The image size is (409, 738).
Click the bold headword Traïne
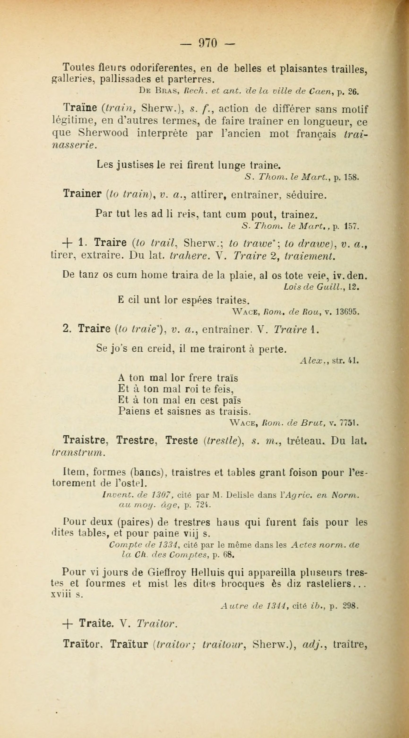pos(80,109)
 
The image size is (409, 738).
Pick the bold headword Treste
pos(182,440)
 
